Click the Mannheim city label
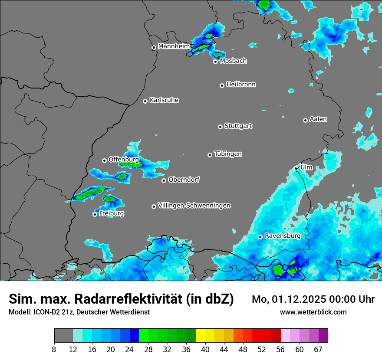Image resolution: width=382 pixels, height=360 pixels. coord(174,46)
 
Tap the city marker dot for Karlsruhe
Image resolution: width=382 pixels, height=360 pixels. coord(145,101)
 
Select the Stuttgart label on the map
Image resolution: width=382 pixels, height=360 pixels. coord(238,126)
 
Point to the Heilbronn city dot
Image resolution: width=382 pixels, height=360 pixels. coord(222,85)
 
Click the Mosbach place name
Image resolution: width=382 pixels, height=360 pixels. coord(233,61)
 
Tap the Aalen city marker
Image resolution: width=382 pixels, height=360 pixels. coord(305,120)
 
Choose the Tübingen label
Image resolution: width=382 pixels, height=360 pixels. coord(228,154)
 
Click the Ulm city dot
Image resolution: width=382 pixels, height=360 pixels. coord(296,168)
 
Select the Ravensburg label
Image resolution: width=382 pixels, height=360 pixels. coord(282,236)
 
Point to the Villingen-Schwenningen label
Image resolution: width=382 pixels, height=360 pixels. coord(194,206)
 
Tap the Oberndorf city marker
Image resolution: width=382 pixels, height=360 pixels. coord(164,180)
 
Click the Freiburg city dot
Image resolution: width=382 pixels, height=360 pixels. coord(95,214)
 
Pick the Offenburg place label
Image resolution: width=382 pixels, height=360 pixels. coord(123,160)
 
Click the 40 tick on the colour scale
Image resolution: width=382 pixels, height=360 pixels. coord(205,350)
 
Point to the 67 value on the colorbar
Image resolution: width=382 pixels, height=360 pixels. coord(318,350)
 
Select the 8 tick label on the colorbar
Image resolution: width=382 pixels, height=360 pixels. coord(54,350)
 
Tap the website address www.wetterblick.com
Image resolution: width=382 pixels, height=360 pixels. coord(313,312)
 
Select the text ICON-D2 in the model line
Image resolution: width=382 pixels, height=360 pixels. coord(45,312)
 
